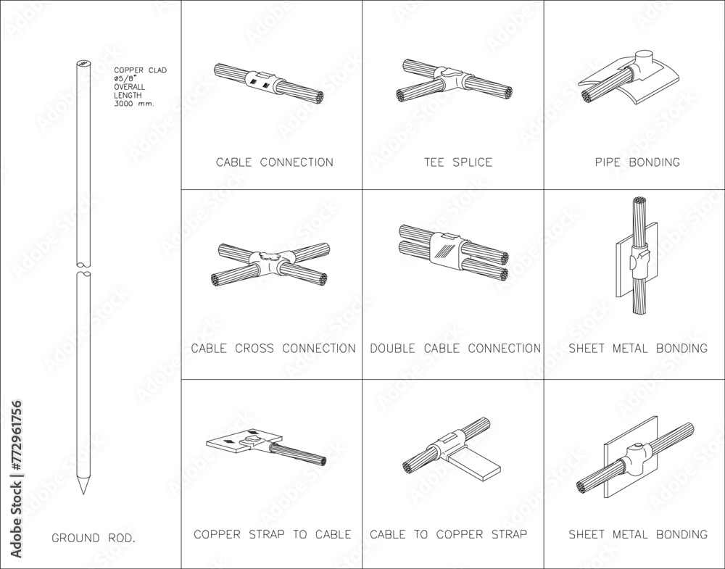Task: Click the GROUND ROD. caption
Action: coord(94,539)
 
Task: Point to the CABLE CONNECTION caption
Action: coord(275,162)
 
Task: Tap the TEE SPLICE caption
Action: coord(458,162)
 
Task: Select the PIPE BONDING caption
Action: coord(636,162)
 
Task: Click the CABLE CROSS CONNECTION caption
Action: coord(273,349)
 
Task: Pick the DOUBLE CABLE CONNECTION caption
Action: coord(455,349)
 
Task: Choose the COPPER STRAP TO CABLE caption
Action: coord(273,535)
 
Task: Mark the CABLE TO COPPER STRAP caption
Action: coord(448,535)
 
